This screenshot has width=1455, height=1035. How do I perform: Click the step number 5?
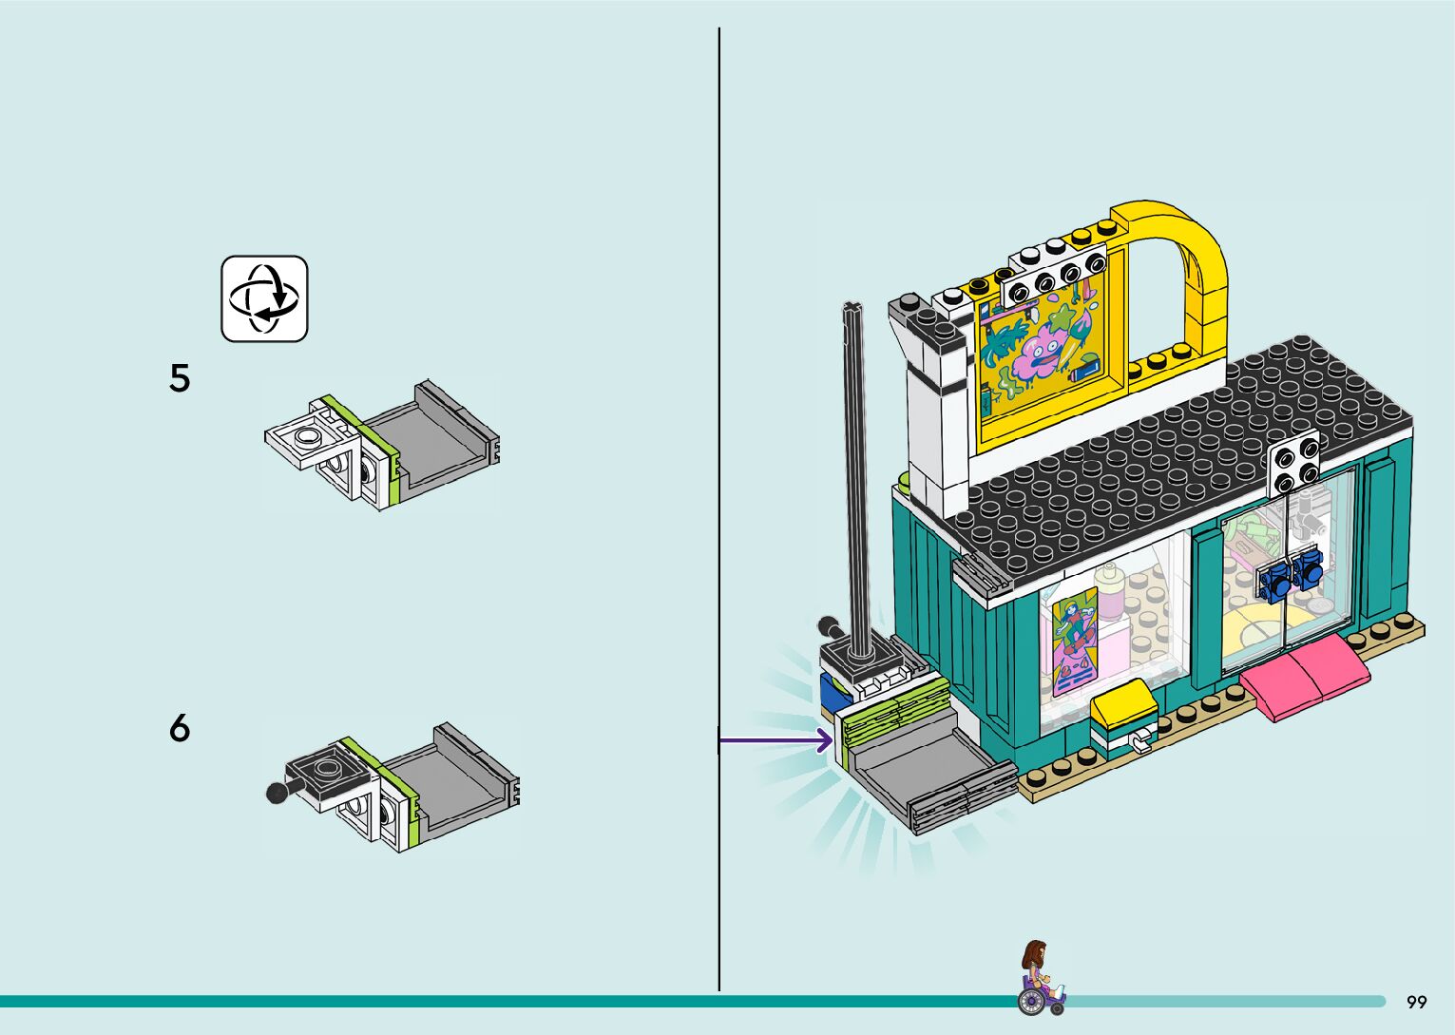pyautogui.click(x=180, y=378)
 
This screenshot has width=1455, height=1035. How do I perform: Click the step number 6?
pyautogui.click(x=180, y=728)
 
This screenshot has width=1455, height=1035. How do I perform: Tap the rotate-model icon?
pyautogui.click(x=264, y=298)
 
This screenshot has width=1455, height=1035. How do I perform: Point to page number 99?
pyautogui.click(x=1416, y=1002)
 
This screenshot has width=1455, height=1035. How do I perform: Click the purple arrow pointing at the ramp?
pyautogui.click(x=775, y=739)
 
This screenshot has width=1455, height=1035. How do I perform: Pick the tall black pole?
pyautogui.click(x=855, y=475)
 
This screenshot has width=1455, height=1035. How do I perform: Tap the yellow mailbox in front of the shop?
pyautogui.click(x=1122, y=707)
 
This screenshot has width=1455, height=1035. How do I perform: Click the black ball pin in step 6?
pyautogui.click(x=278, y=792)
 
